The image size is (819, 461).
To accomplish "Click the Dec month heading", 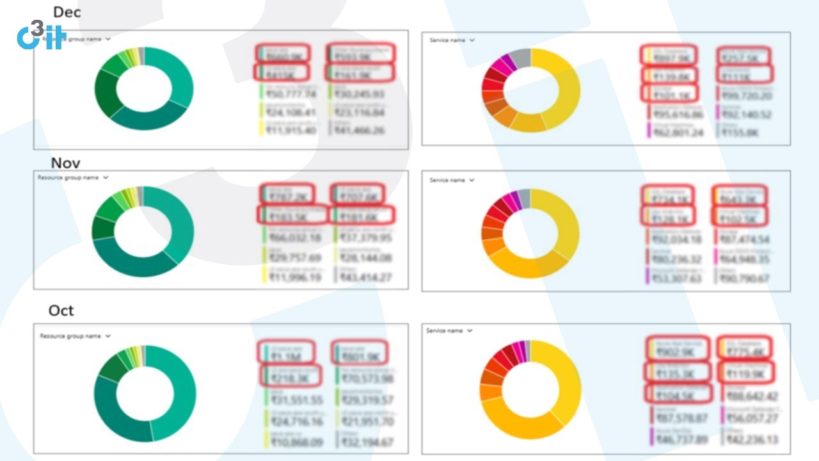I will click(67, 12).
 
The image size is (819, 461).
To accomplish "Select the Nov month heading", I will click(65, 163).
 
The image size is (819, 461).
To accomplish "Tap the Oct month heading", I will click(61, 311).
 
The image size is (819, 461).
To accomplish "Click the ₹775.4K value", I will click(746, 352).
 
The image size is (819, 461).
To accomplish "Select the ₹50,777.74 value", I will click(292, 95).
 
